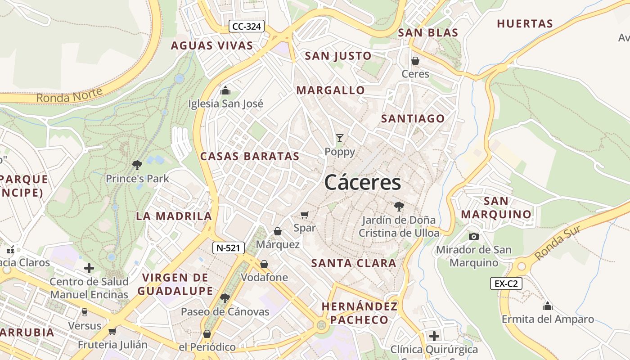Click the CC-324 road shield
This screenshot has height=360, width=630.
246,27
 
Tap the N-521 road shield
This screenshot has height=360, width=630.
229,247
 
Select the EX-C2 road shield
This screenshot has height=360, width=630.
506,283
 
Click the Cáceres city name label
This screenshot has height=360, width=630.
362,183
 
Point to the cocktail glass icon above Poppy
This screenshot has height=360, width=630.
340,138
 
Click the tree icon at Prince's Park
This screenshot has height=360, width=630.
137,165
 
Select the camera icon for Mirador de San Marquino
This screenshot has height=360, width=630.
473,236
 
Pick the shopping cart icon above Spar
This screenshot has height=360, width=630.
305,215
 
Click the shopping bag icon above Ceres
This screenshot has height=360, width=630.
415,60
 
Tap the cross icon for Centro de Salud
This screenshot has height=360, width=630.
89,268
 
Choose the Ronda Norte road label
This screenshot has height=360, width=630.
69,95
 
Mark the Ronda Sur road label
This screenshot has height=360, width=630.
557,243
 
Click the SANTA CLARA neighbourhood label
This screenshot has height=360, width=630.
354,263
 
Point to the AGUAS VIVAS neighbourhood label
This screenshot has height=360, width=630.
212,45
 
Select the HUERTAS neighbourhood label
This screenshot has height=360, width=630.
525,24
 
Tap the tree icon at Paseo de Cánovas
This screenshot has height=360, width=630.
225,298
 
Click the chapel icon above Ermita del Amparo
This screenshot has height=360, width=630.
548,306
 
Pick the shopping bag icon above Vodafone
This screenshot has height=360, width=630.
264,264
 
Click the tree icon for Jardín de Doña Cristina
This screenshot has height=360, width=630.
399,207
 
